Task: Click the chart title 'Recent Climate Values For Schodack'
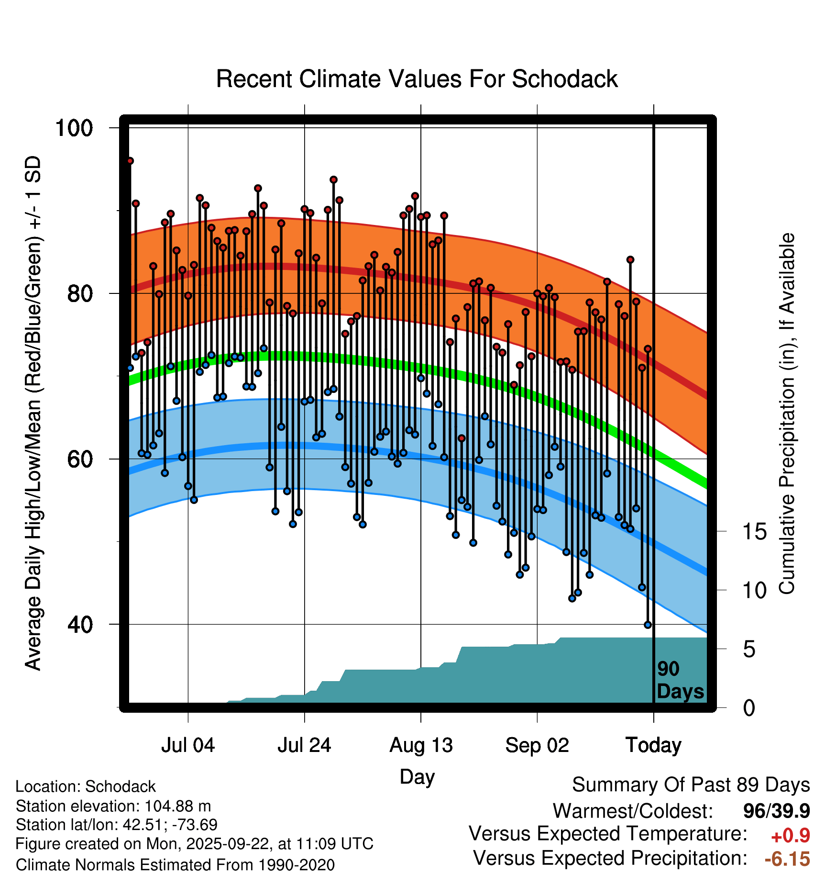[x=417, y=79]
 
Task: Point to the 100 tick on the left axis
[x=74, y=128]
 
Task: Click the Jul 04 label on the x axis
[x=188, y=745]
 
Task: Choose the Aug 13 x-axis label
[x=421, y=745]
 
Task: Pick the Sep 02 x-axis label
[x=537, y=745]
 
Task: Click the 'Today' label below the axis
[x=653, y=745]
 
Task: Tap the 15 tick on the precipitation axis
[x=754, y=532]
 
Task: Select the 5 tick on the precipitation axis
[x=749, y=650]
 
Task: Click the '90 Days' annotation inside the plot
[x=680, y=680]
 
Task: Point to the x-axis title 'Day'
[x=417, y=776]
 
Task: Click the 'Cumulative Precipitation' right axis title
[x=787, y=414]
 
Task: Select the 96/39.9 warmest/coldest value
[x=776, y=811]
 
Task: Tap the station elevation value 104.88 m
[x=177, y=807]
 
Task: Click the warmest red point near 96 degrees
[x=130, y=161]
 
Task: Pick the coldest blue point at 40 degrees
[x=648, y=625]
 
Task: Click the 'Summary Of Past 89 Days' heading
[x=691, y=785]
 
